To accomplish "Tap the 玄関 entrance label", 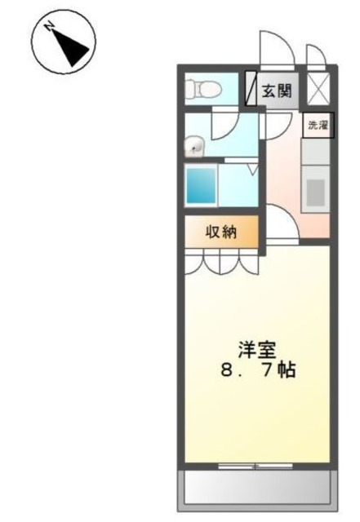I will coord(277,90).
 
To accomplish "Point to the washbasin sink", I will coord(193,147).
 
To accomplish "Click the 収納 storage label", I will coord(221,231).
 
